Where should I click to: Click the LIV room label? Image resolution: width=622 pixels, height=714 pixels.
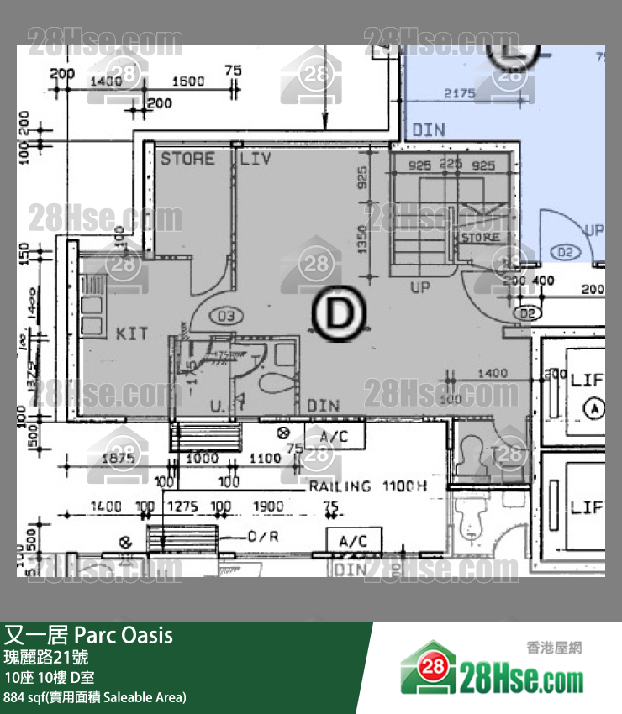coord(256,158)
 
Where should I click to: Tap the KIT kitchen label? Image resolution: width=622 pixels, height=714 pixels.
coord(132,334)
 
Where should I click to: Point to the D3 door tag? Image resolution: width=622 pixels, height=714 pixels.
coord(224,317)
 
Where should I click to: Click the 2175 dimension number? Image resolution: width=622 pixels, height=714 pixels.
coord(459,94)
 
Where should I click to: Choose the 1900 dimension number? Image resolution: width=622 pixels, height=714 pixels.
coord(269,507)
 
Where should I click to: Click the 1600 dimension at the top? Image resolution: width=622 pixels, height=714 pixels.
coord(188,81)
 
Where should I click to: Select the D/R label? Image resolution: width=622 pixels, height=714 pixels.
coord(263,536)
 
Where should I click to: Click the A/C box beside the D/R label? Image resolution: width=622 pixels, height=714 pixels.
coord(354,542)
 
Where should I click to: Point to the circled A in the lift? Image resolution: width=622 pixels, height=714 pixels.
coord(596,409)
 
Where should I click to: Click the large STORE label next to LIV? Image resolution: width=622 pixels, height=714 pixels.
coord(187,158)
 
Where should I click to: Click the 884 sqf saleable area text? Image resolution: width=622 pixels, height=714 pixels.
coord(94,697)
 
